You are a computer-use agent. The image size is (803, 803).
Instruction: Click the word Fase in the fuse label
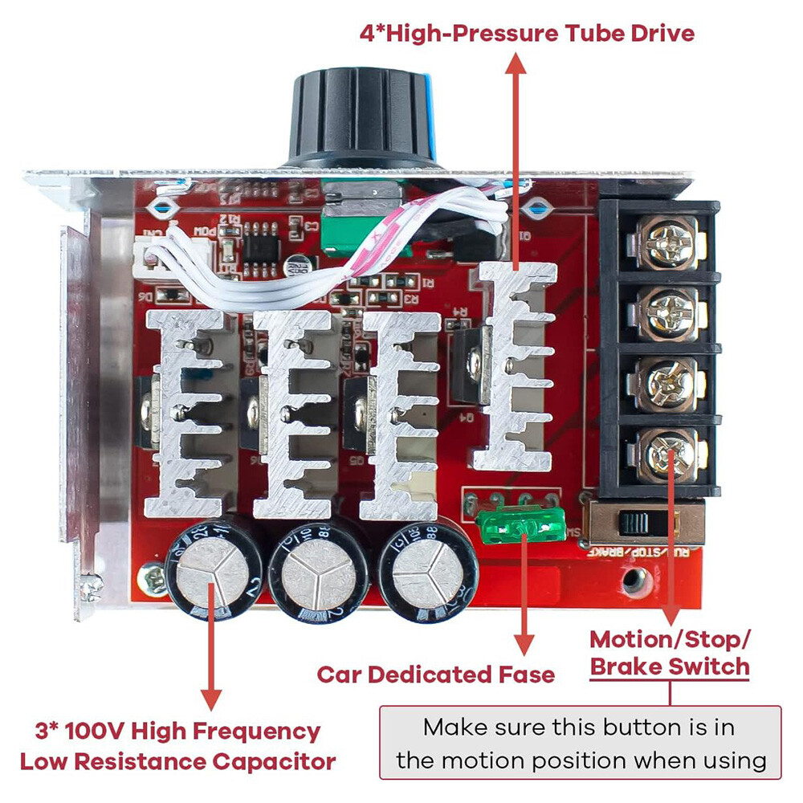coord(526,674)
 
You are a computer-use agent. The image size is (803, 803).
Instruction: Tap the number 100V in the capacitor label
coord(94,732)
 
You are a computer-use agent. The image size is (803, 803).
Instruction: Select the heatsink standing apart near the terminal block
coord(515,365)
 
